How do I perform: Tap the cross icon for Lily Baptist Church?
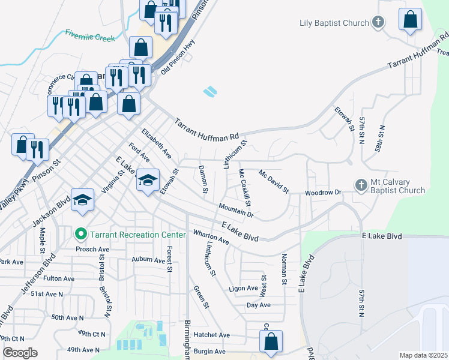coord(378,23)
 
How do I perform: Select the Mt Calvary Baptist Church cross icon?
coord(361,185)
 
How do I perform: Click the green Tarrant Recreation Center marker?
coord(80,234)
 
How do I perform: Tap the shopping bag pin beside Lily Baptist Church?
coord(411,19)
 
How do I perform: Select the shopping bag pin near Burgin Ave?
coord(271,341)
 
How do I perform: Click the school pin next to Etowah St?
coord(148,180)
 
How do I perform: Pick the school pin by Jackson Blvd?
coord(83,200)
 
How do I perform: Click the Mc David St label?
coord(274,181)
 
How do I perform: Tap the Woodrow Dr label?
coord(323,193)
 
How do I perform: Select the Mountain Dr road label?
coord(237,210)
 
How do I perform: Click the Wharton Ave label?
coord(211,237)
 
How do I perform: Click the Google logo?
coord(20,353)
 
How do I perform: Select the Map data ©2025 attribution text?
coord(423,355)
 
